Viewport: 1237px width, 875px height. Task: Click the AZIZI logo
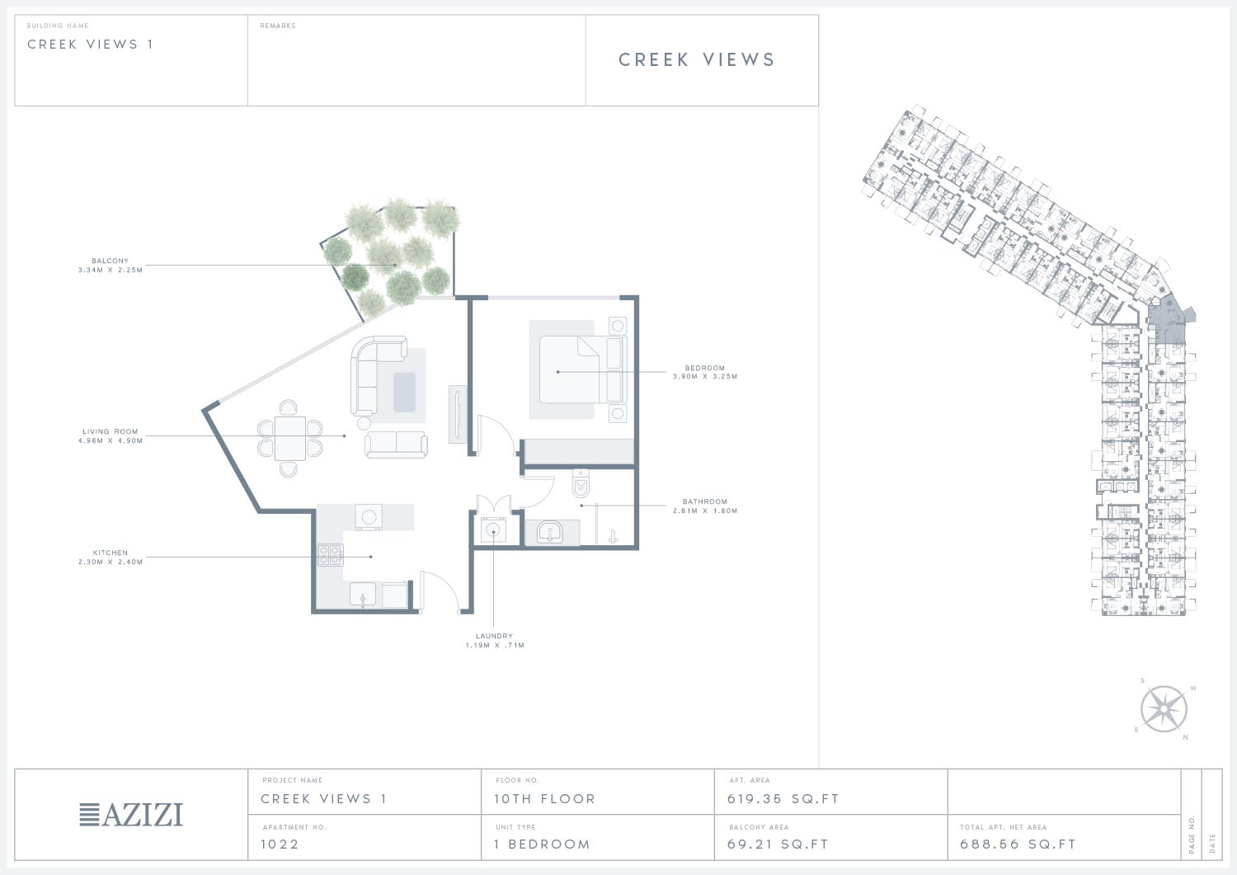[x=131, y=815]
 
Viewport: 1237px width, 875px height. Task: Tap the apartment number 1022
[x=280, y=844]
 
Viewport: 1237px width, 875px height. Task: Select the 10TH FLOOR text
[x=544, y=799]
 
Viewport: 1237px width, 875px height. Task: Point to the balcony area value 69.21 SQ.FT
[x=778, y=844]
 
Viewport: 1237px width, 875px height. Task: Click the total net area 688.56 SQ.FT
[x=1018, y=844]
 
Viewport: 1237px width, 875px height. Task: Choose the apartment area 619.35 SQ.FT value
[x=783, y=799]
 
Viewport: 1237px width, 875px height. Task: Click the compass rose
[x=1164, y=709]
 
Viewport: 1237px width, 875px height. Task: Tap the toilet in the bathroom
[x=581, y=483]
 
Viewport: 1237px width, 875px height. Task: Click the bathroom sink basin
[x=549, y=533]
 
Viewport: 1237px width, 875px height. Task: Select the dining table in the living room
[x=290, y=439]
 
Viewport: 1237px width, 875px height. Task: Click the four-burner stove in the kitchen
[x=330, y=555]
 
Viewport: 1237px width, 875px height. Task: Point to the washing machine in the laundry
[x=492, y=530]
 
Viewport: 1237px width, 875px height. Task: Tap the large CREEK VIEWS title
[x=696, y=59]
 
